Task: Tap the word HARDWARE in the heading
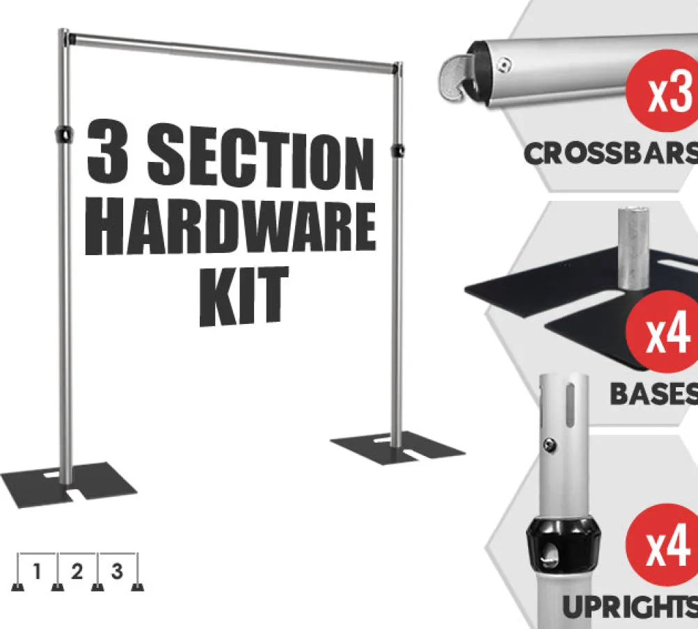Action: [x=230, y=229]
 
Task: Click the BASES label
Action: [x=653, y=394]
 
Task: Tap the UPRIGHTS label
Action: [x=630, y=607]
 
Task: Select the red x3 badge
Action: [x=663, y=91]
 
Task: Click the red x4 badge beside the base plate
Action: [x=663, y=332]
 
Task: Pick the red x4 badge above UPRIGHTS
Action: [x=663, y=544]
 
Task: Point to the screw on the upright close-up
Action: [x=550, y=443]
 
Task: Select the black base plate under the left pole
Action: [x=68, y=484]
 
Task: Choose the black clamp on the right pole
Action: [x=397, y=150]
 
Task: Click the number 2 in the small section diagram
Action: [x=77, y=571]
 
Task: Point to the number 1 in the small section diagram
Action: [x=37, y=571]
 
